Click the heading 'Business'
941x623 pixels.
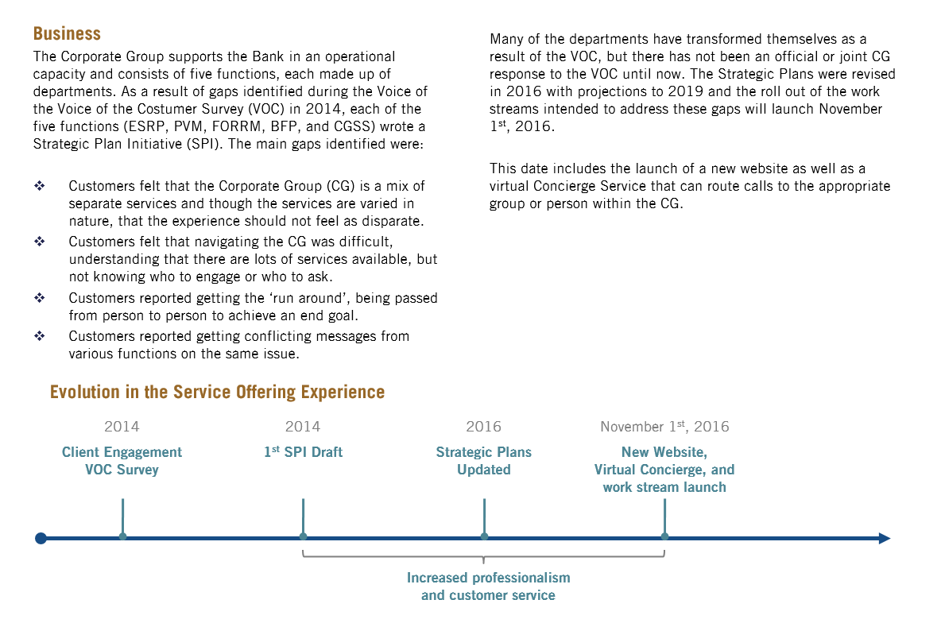(67, 33)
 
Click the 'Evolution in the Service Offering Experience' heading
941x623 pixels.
(217, 392)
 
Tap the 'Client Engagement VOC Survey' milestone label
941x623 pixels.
(122, 461)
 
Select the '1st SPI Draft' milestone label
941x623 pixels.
(303, 452)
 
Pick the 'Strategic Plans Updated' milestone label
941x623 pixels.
(483, 461)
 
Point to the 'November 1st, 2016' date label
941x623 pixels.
(664, 427)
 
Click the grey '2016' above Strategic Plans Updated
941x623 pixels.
(483, 427)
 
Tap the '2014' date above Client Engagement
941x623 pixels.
(122, 427)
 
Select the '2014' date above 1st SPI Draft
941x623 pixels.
(303, 427)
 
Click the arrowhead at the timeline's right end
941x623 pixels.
(884, 538)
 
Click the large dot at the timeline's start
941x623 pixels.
(41, 538)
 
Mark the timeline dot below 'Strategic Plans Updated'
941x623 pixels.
(484, 536)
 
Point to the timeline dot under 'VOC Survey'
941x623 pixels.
(122, 536)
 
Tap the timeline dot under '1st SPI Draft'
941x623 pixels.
(303, 536)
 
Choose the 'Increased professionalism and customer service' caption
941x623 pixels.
(488, 586)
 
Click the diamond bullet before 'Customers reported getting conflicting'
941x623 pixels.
(40, 336)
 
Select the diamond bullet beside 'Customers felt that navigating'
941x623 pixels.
(40, 241)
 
